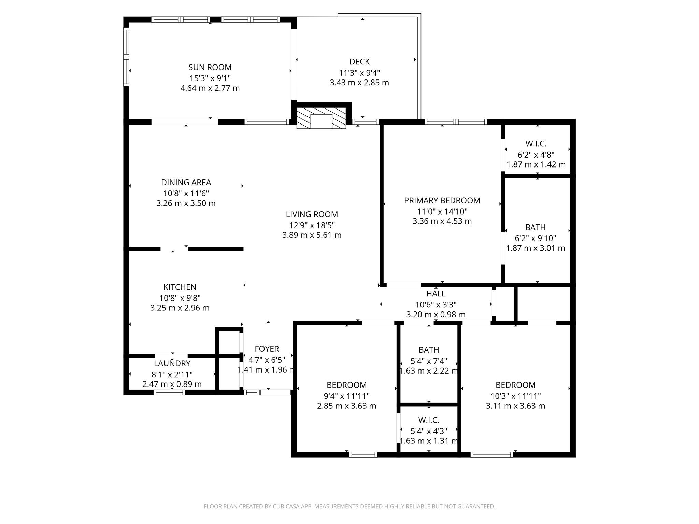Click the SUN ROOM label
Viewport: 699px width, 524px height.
(x=210, y=67)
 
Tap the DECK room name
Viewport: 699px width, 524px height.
(x=359, y=62)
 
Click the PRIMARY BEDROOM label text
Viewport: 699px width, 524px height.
(x=442, y=200)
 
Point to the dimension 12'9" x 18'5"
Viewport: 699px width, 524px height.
(x=312, y=225)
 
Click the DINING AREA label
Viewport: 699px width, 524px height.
(x=186, y=182)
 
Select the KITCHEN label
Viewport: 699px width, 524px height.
(x=180, y=287)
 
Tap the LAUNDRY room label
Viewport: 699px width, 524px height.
(x=172, y=363)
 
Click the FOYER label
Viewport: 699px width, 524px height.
(x=267, y=349)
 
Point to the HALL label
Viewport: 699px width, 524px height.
(x=436, y=293)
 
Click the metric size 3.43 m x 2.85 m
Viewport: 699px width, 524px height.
(x=359, y=83)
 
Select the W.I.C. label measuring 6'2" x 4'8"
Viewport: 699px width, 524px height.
(x=536, y=144)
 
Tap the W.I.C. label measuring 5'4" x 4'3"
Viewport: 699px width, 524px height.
(x=429, y=420)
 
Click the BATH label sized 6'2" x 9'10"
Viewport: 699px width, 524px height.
(x=535, y=227)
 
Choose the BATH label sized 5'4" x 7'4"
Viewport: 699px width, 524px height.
(x=429, y=350)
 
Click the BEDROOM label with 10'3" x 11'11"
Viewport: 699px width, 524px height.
(x=515, y=385)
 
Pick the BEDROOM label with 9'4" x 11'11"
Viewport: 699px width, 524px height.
(x=346, y=385)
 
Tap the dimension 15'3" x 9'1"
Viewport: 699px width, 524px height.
(x=210, y=78)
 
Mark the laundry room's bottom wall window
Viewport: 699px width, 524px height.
(x=169, y=393)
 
